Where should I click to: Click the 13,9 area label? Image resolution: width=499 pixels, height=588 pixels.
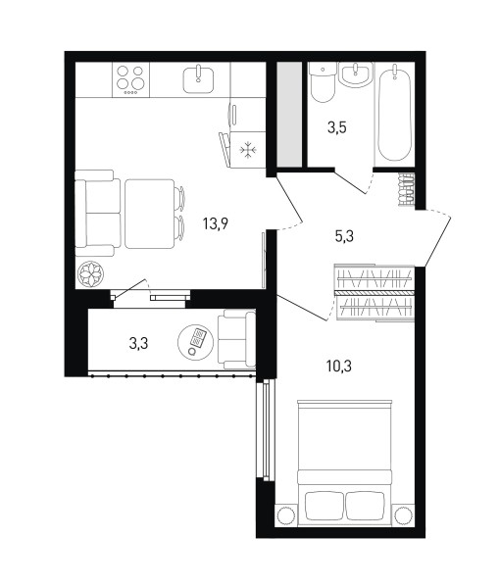[x=216, y=224]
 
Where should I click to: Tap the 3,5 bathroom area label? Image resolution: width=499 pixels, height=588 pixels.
[x=336, y=127]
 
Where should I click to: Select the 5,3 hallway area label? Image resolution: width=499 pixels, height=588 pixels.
[x=344, y=236]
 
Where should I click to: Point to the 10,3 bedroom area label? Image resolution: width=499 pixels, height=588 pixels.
[x=339, y=366]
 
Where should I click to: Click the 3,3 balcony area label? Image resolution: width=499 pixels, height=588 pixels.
[x=138, y=343]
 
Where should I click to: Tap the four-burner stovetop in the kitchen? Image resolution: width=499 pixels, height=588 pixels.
[x=130, y=80]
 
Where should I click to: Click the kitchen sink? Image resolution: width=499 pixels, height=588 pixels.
[x=198, y=80]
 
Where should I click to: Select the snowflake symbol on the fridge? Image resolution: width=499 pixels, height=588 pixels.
[x=248, y=150]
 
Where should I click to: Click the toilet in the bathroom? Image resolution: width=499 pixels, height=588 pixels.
[x=323, y=82]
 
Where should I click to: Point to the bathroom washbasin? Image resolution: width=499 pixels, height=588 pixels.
[x=355, y=74]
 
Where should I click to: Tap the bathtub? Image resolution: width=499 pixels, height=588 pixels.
[x=394, y=113]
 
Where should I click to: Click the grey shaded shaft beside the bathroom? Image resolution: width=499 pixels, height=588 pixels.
[x=289, y=115]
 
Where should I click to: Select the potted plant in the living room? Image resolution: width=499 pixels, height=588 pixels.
[x=90, y=274]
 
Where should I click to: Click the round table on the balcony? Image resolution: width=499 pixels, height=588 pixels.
[x=195, y=342]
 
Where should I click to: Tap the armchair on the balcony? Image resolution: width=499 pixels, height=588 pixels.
[x=237, y=339]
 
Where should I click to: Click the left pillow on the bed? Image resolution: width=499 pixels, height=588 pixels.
[x=324, y=506]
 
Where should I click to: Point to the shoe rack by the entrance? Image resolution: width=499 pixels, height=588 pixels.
[x=406, y=190]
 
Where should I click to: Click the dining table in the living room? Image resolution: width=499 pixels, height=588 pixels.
[x=150, y=214]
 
